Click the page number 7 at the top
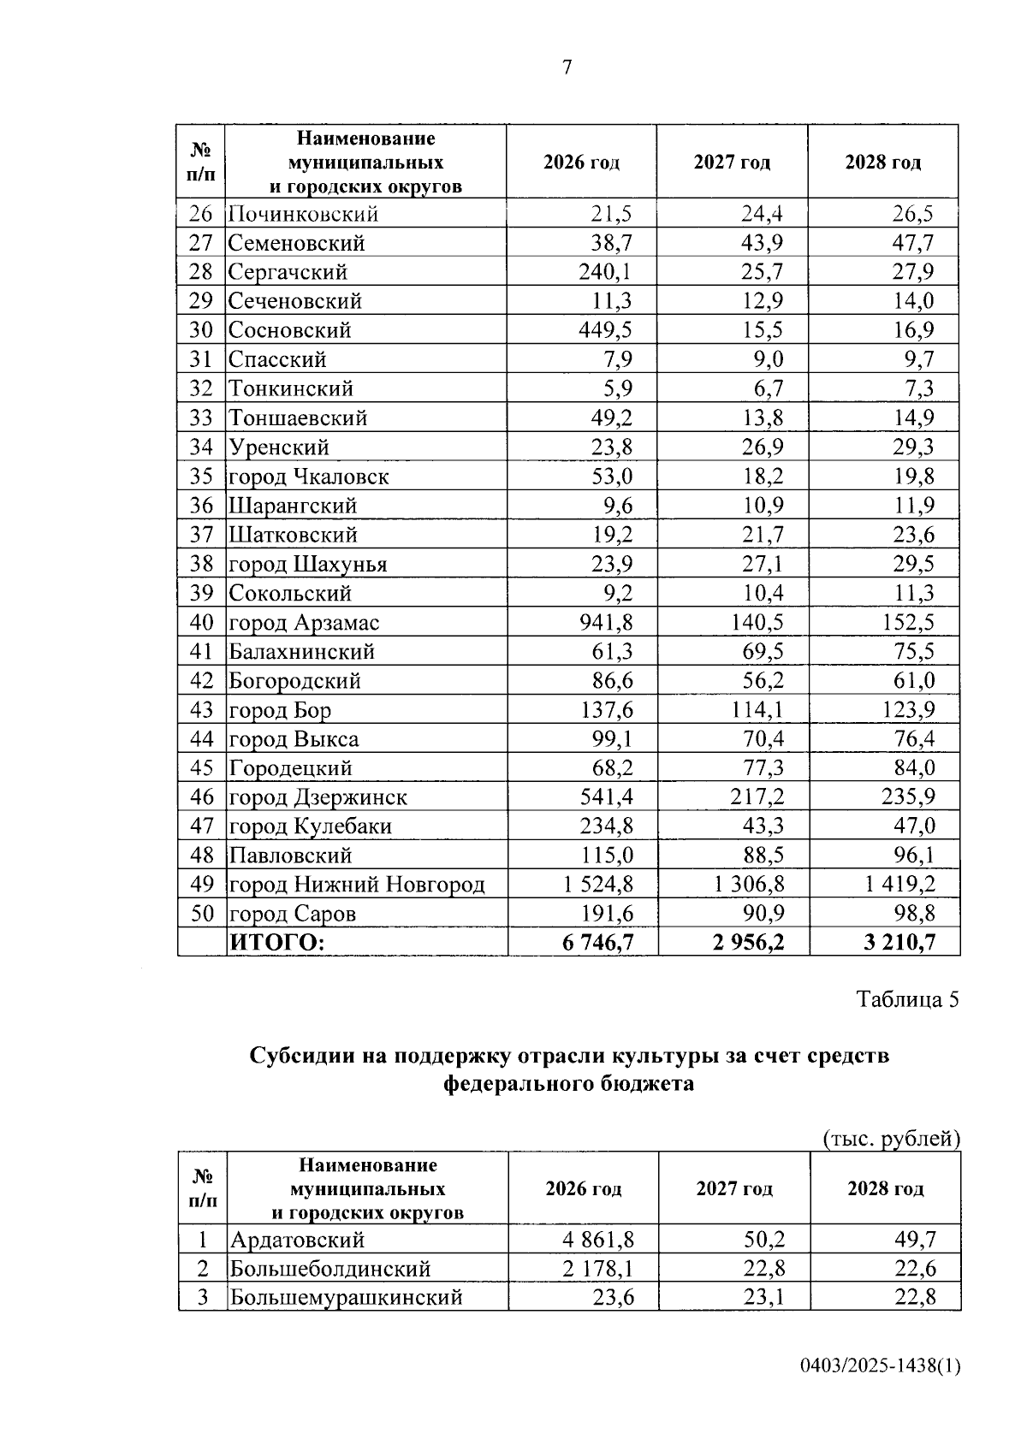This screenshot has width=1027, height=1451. coord(567,67)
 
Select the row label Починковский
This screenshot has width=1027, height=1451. coord(303,214)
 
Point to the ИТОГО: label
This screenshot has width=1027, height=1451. coord(276,943)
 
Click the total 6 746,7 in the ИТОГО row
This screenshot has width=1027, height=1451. coord(598,943)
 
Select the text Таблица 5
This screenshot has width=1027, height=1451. coord(908,999)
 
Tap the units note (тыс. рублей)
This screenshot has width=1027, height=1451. coord(891,1139)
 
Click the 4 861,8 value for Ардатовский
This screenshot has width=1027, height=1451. coord(598,1240)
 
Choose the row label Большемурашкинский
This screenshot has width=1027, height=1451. coord(346,1298)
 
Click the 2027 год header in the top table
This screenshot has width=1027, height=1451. coord(732,163)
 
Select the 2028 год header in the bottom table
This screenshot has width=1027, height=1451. coord(885,1188)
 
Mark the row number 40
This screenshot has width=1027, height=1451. coord(201,622)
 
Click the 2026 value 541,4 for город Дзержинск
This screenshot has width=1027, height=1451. coord(606,797)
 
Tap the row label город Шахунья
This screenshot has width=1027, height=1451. coord(307,564)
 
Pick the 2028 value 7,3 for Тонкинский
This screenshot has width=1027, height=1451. coord(919,388)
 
